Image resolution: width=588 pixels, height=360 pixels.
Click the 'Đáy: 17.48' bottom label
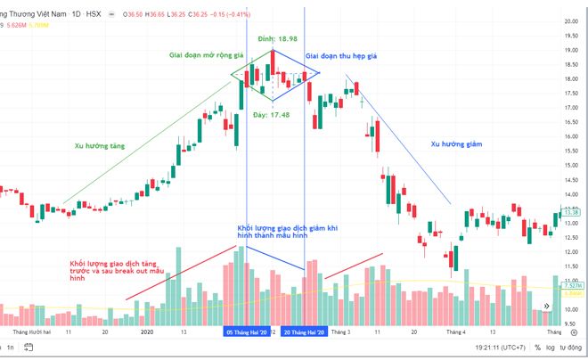(272, 115)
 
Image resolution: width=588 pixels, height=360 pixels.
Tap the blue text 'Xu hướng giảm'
(456, 143)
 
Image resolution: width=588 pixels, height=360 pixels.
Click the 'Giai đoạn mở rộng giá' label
(207, 55)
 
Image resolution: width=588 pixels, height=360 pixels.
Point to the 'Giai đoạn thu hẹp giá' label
(342, 55)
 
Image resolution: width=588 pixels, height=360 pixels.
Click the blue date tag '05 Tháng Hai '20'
(247, 331)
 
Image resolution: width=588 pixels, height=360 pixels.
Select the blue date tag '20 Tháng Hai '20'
(304, 331)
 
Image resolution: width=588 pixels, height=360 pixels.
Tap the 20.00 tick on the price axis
(571, 20)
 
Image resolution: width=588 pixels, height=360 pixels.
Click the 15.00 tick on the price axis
(571, 165)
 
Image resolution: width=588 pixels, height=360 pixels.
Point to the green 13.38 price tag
(571, 212)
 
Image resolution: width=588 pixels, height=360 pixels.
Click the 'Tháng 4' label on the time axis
(455, 331)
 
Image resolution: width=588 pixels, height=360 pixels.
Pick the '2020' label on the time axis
(148, 331)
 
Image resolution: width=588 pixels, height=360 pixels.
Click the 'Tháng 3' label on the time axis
(341, 331)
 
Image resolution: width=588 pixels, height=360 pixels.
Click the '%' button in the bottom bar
(537, 348)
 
